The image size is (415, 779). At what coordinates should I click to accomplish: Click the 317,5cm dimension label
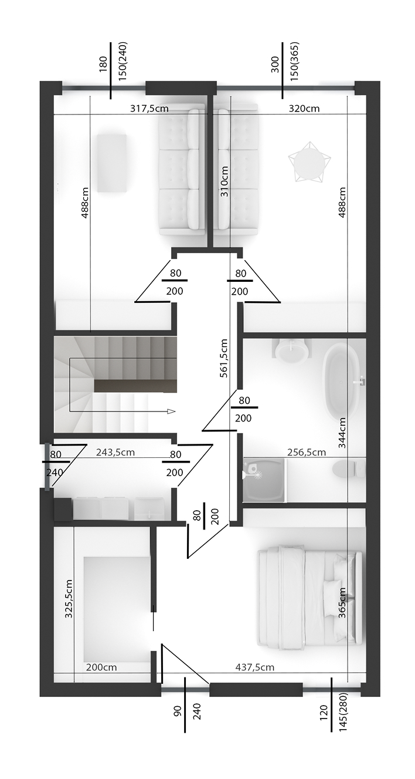[149, 109]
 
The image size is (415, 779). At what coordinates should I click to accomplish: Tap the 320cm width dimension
[304, 109]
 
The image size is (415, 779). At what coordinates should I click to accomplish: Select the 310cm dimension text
[224, 181]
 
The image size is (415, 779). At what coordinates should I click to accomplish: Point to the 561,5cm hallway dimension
[224, 358]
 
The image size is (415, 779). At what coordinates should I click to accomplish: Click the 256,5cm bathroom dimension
[307, 452]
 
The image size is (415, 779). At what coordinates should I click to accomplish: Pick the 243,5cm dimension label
[115, 453]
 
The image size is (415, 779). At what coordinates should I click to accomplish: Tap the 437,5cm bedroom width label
[255, 667]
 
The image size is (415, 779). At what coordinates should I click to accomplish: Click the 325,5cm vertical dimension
[69, 599]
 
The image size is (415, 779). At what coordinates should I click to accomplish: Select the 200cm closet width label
[101, 667]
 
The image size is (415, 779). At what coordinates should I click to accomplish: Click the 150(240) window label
[123, 62]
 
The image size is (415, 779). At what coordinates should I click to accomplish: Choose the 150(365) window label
[294, 62]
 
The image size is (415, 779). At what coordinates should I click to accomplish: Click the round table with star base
[309, 161]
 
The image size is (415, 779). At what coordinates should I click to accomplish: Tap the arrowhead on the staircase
[171, 412]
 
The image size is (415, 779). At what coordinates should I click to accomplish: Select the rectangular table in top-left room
[111, 163]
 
